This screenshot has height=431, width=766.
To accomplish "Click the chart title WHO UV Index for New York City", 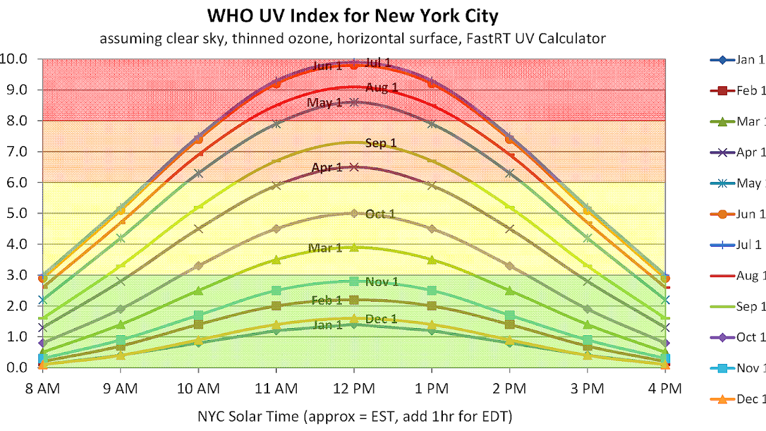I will click(353, 16).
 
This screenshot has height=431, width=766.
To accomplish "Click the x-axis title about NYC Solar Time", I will click(354, 415).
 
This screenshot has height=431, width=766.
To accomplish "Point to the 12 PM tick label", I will click(354, 388).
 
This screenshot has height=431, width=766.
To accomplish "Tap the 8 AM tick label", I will click(42, 388).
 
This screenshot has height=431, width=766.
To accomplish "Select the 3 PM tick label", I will click(587, 388).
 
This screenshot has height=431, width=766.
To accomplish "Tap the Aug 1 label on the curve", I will click(382, 88).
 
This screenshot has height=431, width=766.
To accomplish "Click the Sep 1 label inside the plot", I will click(381, 143).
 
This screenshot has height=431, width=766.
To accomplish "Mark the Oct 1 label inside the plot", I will click(380, 214).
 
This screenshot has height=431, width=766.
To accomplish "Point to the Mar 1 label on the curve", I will click(325, 248).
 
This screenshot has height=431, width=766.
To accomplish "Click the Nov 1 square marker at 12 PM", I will click(354, 281).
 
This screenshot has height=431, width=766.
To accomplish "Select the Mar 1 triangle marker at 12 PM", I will click(354, 247).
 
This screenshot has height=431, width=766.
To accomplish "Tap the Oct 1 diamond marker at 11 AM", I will click(276, 229).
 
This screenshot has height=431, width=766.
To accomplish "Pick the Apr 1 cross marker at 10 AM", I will click(198, 229).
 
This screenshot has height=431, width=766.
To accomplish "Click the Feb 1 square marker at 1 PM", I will click(431, 305).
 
